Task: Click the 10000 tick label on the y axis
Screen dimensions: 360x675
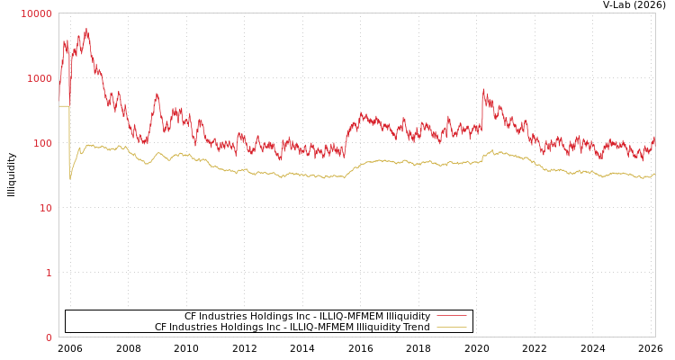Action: [x=37, y=13]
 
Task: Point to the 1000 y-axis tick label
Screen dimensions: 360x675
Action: [x=40, y=78]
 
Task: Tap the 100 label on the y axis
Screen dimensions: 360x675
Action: [x=42, y=143]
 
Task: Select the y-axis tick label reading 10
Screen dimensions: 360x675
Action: [x=45, y=208]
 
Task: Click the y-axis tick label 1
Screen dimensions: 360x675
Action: [x=49, y=273]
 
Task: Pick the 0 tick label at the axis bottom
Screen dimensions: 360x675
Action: [x=49, y=337]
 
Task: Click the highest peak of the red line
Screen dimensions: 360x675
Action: [x=86, y=30]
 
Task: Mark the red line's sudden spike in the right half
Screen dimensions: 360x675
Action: [x=483, y=89]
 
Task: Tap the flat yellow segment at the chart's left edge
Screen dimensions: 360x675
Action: [x=64, y=106]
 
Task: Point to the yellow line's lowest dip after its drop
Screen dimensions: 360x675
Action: [x=70, y=178]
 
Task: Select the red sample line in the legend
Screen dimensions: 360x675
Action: [x=451, y=316]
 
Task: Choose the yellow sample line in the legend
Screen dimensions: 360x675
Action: [x=451, y=328]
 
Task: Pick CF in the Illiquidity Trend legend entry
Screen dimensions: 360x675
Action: [x=161, y=328]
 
